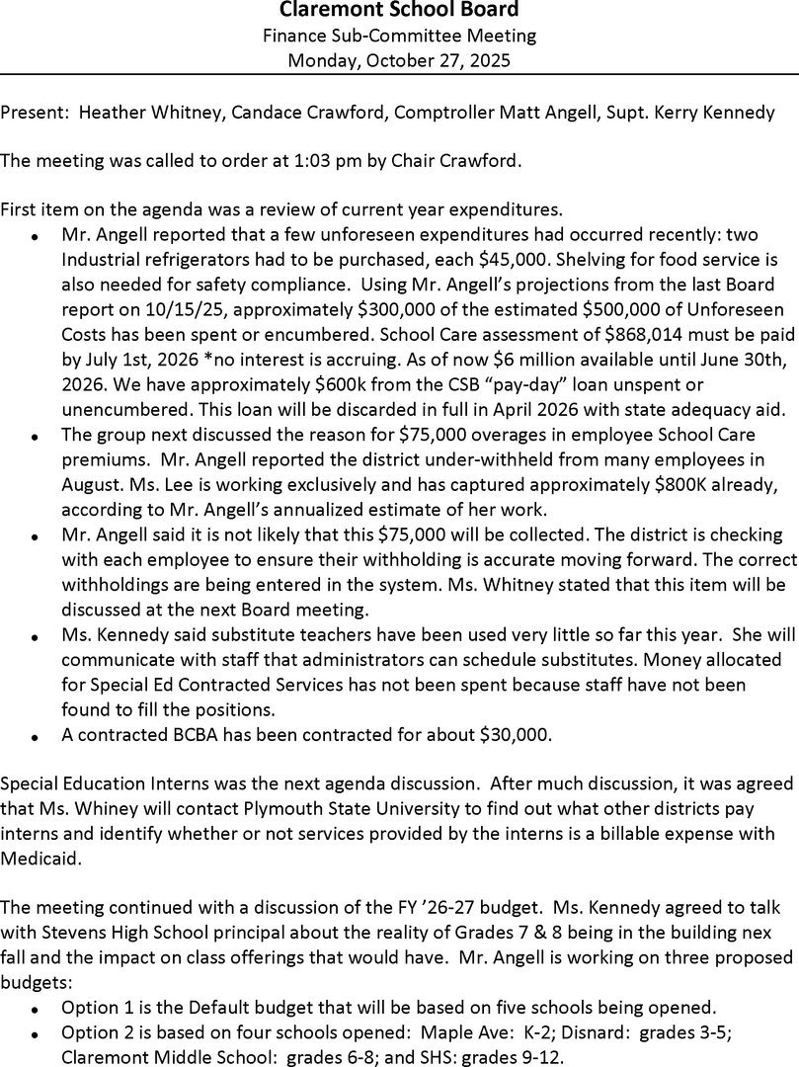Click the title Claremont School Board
click(399, 11)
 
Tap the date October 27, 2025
click(427, 61)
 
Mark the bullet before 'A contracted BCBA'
click(35, 737)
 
